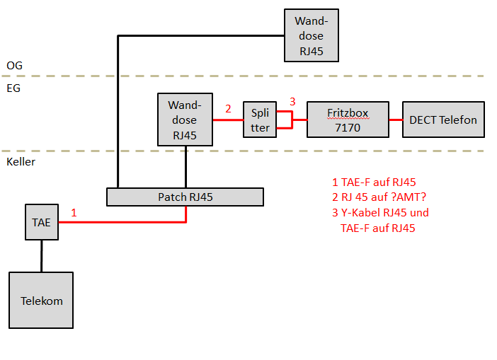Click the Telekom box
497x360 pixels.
coord(41,301)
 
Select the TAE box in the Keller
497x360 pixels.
coord(41,222)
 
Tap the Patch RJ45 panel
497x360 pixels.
coord(185,197)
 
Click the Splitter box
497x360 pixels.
coord(260,120)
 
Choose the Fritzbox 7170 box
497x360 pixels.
coord(348,120)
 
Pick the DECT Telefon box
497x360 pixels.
coord(442,120)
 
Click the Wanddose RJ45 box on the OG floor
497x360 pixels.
coord(310,35)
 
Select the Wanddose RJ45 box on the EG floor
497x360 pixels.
coord(185,120)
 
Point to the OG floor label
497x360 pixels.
coord(15,65)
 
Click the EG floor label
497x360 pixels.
coord(14,88)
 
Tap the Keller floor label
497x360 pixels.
coord(21,161)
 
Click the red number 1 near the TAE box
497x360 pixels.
coord(74,211)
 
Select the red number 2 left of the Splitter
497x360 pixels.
coord(228,109)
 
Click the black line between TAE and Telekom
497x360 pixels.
coord(41,255)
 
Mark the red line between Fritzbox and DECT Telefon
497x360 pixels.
coord(396,120)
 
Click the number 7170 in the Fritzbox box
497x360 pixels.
coord(348,128)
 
